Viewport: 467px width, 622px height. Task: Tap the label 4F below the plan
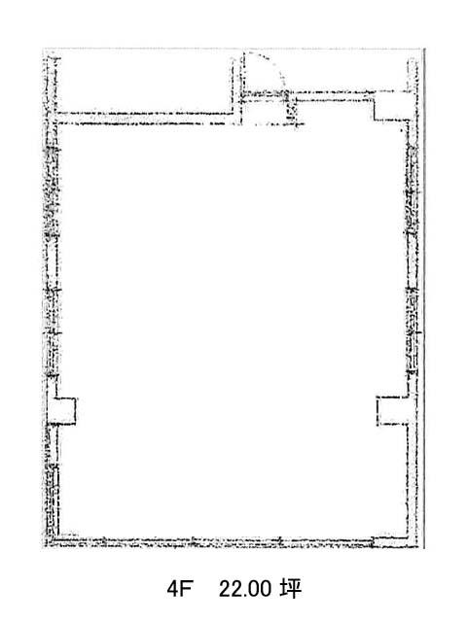coord(179,589)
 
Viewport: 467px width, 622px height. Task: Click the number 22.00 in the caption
coord(245,589)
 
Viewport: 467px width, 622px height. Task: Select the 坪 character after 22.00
coord(291,589)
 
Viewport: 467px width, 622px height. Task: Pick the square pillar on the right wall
coord(392,411)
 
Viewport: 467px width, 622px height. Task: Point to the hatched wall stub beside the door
coord(292,108)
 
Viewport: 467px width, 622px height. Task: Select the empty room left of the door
coord(144,83)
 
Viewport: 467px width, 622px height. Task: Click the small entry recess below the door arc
coord(265,111)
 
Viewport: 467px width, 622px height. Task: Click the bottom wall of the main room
coord(214,541)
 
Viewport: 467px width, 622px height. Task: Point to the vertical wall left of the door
coord(237,89)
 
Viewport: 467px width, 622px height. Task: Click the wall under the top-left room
coord(145,119)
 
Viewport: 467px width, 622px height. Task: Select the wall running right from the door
coord(330,95)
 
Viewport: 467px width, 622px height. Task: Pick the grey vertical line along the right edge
coord(424,298)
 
